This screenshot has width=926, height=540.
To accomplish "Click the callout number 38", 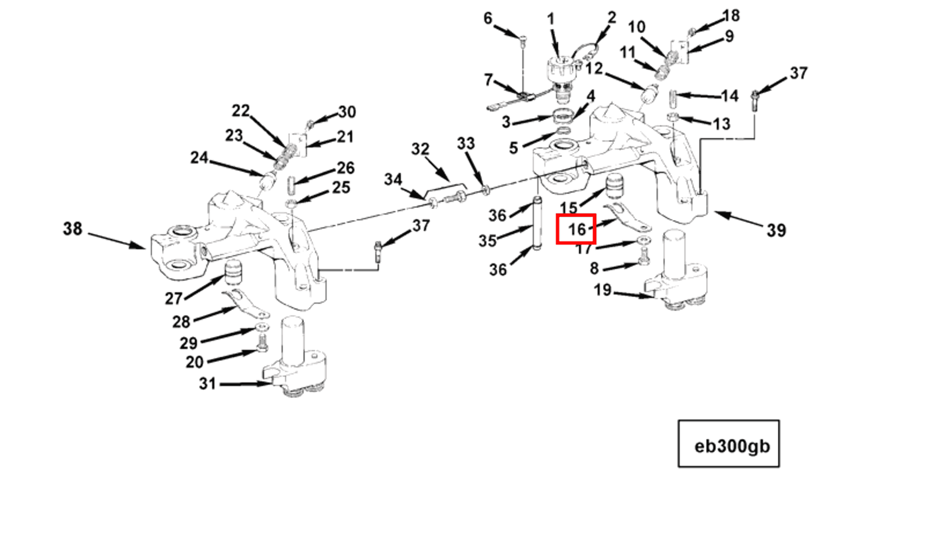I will (72, 229).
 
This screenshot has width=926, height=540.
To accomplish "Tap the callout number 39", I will (776, 230).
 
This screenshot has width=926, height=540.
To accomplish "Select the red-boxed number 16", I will (576, 229).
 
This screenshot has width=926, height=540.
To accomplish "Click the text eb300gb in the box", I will (731, 446).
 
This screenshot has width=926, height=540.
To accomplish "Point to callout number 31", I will (207, 383).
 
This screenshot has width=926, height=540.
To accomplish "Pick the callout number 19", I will (602, 290).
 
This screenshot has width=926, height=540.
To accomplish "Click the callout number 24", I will (199, 158).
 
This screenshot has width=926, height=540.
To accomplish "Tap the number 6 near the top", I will (488, 18).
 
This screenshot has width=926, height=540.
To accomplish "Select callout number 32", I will (420, 149).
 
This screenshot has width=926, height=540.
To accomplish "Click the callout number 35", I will (487, 240).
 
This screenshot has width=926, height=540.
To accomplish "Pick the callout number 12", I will (594, 68).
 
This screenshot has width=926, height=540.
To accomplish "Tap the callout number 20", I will (195, 362).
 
